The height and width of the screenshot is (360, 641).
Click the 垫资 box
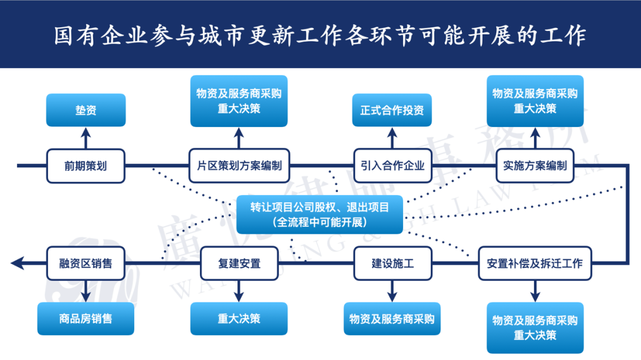click(x=86, y=110)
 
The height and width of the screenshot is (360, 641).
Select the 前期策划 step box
click(x=86, y=165)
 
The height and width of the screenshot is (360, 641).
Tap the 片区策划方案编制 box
click(x=239, y=165)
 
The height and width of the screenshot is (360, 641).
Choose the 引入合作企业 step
click(x=392, y=165)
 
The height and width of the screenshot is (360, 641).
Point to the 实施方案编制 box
click(x=534, y=165)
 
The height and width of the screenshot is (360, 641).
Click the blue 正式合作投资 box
click(x=392, y=110)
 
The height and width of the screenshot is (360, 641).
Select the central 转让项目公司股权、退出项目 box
click(x=319, y=214)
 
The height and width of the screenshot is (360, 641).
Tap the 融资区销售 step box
click(x=86, y=263)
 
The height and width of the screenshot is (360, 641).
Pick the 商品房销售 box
click(x=86, y=318)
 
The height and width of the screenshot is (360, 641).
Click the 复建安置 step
click(x=239, y=263)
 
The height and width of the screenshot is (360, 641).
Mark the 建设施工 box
click(x=392, y=263)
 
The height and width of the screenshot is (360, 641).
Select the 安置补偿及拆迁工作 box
click(x=534, y=263)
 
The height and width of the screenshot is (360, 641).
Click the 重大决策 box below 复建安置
click(x=239, y=318)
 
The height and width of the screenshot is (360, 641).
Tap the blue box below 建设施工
click(x=392, y=318)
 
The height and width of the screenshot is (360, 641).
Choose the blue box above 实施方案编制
click(x=534, y=101)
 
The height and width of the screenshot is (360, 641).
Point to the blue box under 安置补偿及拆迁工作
click(x=534, y=327)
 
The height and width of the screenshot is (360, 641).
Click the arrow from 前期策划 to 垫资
click(x=86, y=138)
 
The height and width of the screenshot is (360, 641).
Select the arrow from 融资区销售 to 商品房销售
click(x=86, y=291)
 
